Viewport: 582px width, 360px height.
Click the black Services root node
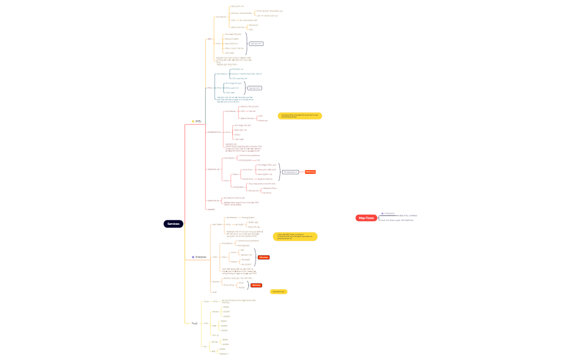(x=173, y=224)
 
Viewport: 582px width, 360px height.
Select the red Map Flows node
(x=366, y=218)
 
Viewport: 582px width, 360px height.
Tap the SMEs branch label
(x=198, y=121)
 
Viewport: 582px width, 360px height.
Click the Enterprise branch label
(x=201, y=257)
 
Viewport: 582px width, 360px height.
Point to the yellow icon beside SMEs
(x=193, y=121)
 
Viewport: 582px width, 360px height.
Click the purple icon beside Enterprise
(x=193, y=257)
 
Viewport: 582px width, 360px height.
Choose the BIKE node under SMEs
(x=210, y=39)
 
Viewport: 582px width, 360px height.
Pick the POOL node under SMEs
(x=210, y=88)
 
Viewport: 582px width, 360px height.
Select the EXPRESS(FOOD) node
(x=214, y=132)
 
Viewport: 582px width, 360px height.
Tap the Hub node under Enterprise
(x=214, y=291)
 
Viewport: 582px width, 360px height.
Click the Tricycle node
(x=206, y=302)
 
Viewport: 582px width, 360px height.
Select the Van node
(x=205, y=346)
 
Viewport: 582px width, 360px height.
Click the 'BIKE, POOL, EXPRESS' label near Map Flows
(x=408, y=215)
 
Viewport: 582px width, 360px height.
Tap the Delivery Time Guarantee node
(x=241, y=13)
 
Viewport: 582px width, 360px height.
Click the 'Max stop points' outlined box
(x=290, y=172)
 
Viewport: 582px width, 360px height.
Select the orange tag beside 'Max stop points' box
(x=310, y=172)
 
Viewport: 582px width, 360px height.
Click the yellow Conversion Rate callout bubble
(x=300, y=116)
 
